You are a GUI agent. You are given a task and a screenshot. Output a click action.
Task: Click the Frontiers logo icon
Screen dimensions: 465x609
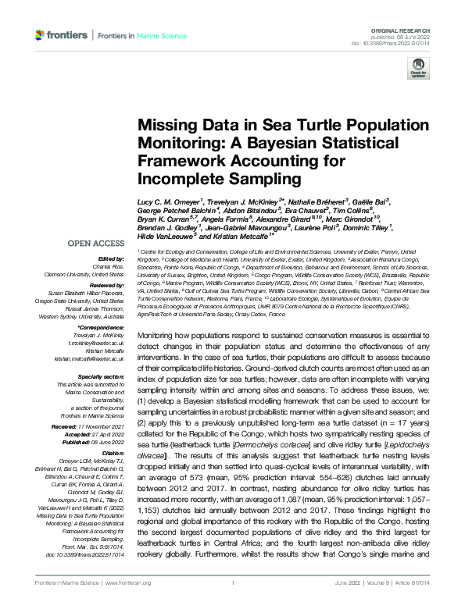41,36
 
